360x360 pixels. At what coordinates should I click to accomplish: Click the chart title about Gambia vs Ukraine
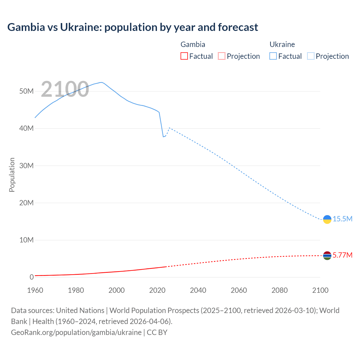tap(132, 27)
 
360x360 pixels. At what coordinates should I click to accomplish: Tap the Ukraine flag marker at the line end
tap(327, 219)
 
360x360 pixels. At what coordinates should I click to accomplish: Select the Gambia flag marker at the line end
tap(327, 256)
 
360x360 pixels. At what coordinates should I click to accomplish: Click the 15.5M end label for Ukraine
tap(343, 219)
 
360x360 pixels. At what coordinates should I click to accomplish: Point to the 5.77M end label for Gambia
tap(343, 255)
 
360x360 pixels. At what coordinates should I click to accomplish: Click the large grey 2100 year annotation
tap(65, 89)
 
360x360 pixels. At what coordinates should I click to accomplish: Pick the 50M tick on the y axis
tap(26, 91)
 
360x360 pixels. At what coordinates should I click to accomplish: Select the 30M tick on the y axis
tap(26, 166)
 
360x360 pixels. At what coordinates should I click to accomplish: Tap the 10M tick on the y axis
tap(26, 240)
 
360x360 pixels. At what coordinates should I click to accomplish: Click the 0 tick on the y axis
tap(31, 277)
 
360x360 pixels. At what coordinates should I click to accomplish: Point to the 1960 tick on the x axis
tap(35, 290)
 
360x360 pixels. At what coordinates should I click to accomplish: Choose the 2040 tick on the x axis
tap(198, 290)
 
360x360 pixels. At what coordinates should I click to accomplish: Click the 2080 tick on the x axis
tap(280, 290)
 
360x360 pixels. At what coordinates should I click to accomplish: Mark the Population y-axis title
tap(12, 175)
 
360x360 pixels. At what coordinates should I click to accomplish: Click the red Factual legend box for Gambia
tap(184, 56)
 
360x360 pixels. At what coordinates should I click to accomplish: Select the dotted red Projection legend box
tap(222, 56)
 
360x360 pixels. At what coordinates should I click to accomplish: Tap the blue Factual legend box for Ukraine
tap(273, 56)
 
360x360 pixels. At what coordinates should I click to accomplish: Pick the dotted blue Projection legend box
tap(311, 56)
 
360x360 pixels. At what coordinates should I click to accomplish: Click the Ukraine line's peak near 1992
tap(101, 82)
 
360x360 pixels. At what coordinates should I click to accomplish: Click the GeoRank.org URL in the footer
tap(76, 332)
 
